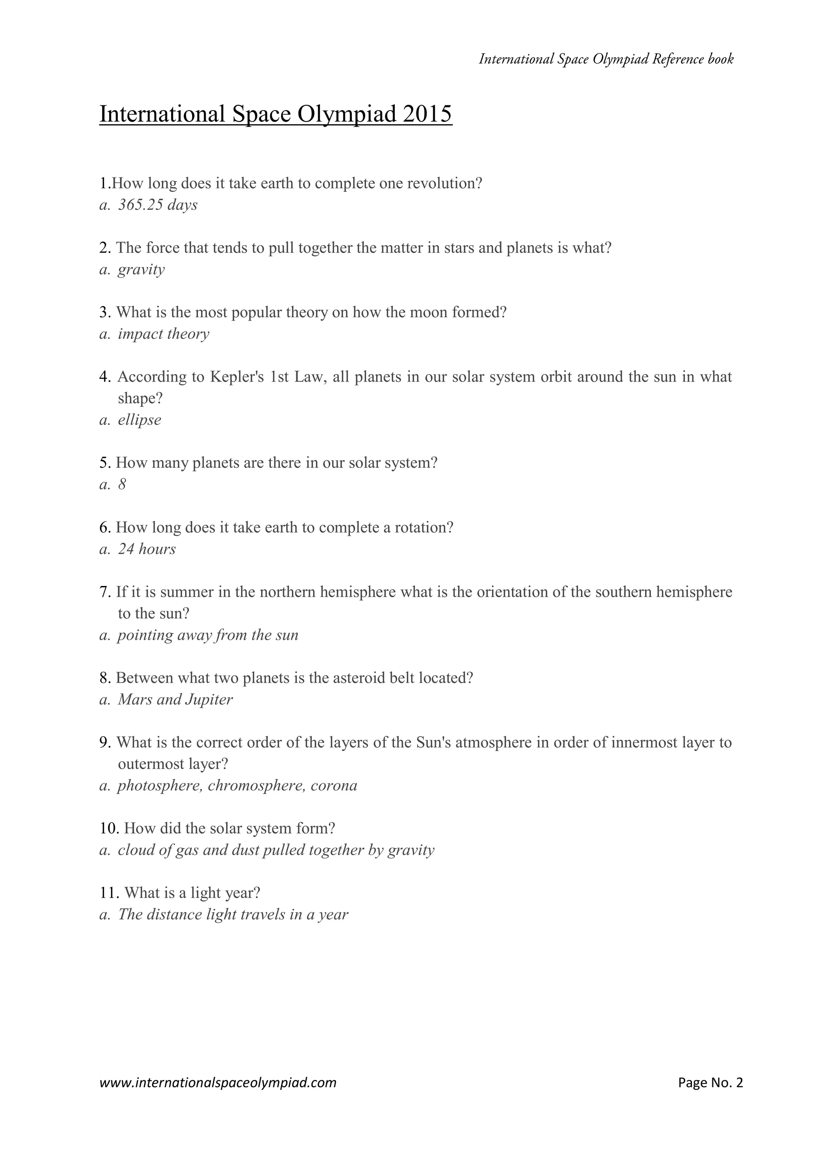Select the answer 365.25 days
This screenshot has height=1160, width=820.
pos(157,205)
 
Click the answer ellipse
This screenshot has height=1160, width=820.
pos(139,420)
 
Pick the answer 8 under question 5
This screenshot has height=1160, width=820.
pos(122,485)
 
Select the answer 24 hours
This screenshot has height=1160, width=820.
pos(147,549)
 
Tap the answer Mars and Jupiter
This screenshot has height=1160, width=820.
pos(175,700)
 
